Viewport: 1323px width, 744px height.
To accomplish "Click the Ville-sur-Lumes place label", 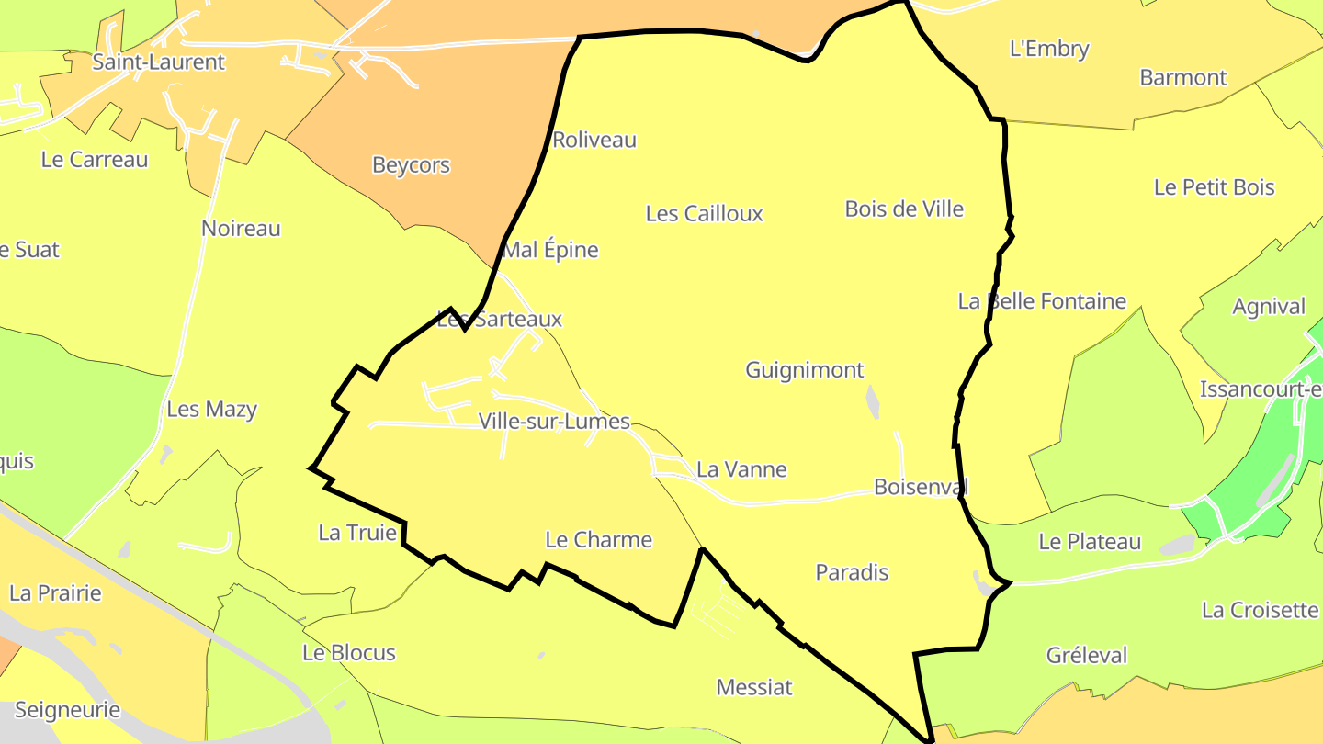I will pos(554,422).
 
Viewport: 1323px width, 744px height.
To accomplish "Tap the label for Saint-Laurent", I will pos(158,62).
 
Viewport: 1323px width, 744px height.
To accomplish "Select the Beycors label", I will pos(411,165).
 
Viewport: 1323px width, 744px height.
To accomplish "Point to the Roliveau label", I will pos(594,141).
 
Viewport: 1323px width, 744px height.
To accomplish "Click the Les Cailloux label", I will pos(704,214).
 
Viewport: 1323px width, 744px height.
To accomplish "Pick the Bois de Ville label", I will pos(904,209).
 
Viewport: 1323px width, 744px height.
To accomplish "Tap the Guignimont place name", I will pos(804,370).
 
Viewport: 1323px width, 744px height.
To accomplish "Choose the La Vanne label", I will pos(741,469).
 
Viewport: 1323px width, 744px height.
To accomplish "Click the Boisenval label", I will pos(921,487).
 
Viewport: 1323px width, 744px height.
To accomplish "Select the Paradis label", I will pos(852,572).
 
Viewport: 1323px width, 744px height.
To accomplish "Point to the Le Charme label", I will pos(598,540).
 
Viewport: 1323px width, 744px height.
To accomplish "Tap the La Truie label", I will pos(357,533).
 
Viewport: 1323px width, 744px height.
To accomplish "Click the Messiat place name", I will pos(753,687).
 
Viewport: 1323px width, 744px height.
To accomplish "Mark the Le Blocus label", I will pos(349,653).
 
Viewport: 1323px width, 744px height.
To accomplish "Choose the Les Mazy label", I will pos(211,410).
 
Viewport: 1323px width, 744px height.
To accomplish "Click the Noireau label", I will pos(241,229).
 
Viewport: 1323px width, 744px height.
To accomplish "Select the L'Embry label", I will pos(1048,49).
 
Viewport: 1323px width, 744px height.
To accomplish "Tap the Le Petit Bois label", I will pos(1214,187).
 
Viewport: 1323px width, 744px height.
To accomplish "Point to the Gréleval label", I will pos(1086,656).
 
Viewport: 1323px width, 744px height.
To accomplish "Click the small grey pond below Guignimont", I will pos(872,401).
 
